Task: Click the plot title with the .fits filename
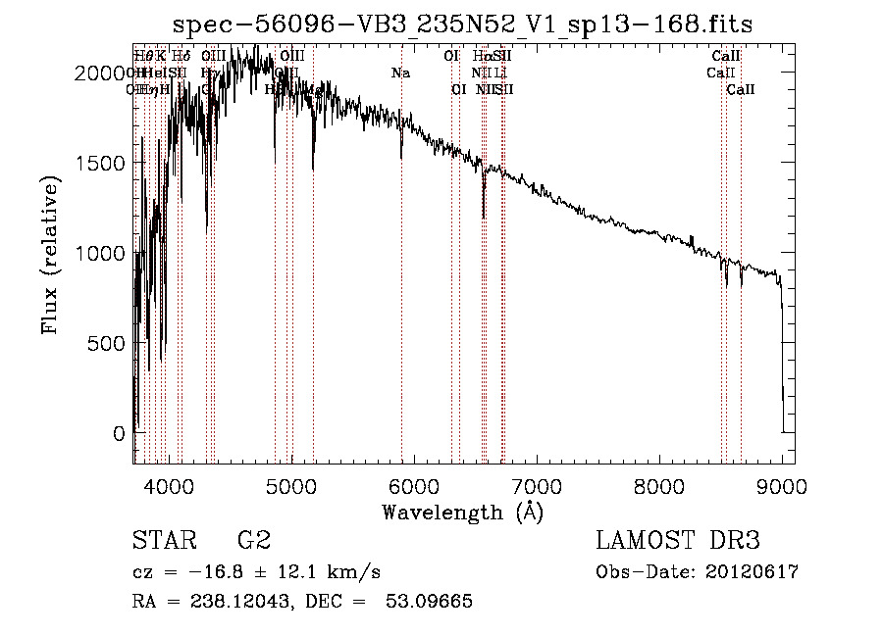coord(462,24)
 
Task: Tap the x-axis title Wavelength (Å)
coord(462,512)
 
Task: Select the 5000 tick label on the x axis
coord(291,485)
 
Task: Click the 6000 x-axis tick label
coord(414,485)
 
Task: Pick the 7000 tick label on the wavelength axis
coord(537,485)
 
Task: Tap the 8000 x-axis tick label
coord(659,485)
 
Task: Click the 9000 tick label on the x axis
coord(782,485)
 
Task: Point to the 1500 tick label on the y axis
coord(105,164)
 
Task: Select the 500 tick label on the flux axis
coord(111,343)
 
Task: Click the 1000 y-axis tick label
coord(105,254)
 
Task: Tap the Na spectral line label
coord(400,73)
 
